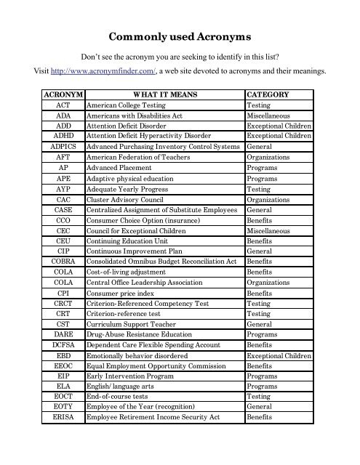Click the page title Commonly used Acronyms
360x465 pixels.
(180, 36)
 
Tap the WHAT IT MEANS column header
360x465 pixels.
(164, 95)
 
